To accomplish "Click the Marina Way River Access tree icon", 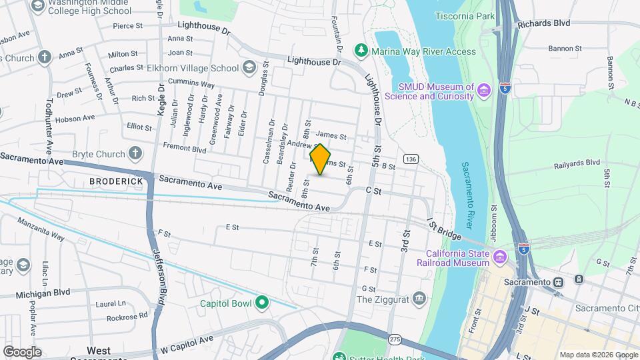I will click(361, 50).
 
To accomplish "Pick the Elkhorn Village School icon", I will click(249, 67).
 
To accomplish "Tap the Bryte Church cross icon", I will click(135, 154).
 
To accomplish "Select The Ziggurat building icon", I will click(419, 298).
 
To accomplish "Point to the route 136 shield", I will click(411, 159).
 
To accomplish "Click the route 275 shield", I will click(395, 340).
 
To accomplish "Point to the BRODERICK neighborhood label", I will click(117, 181).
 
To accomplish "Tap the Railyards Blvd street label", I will click(577, 163).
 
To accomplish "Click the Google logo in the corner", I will click(22, 351).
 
